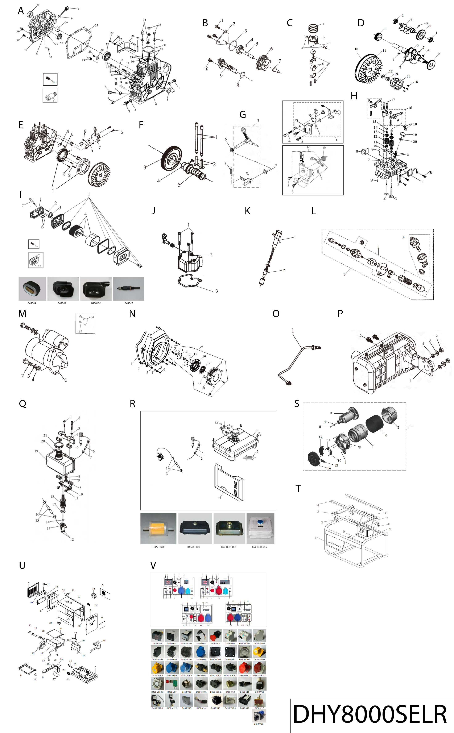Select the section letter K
247,211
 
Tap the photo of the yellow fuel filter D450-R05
158,528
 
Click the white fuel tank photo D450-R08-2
260,528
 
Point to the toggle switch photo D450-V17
259,701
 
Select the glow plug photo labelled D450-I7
128,289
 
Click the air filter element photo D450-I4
32,289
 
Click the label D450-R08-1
228,547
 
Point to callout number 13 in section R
219,498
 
